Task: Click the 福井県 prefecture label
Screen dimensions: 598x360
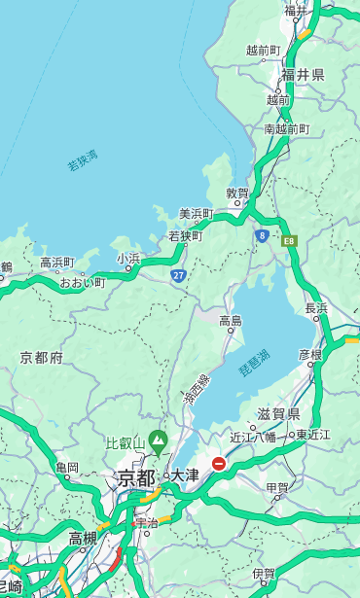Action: pos(304,75)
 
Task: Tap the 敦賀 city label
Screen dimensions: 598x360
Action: pos(237,193)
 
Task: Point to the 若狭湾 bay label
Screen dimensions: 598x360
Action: pos(83,160)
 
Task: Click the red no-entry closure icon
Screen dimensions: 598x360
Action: pos(220,464)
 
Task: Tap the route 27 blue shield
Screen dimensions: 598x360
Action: pos(179,276)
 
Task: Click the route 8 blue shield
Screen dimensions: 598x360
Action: pos(262,235)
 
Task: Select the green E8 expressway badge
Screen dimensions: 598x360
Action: pos(289,239)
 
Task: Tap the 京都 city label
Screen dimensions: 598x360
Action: pos(135,477)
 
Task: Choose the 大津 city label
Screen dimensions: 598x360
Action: pos(185,475)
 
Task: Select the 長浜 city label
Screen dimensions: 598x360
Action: pos(316,308)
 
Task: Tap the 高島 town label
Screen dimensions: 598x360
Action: pos(231,320)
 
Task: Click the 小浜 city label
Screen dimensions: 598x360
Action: pos(128,258)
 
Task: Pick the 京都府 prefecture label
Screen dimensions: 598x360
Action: pos(41,358)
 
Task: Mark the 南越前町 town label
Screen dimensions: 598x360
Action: pos(286,128)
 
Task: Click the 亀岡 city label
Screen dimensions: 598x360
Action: pos(67,467)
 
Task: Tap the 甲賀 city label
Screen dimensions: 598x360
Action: pos(277,487)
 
